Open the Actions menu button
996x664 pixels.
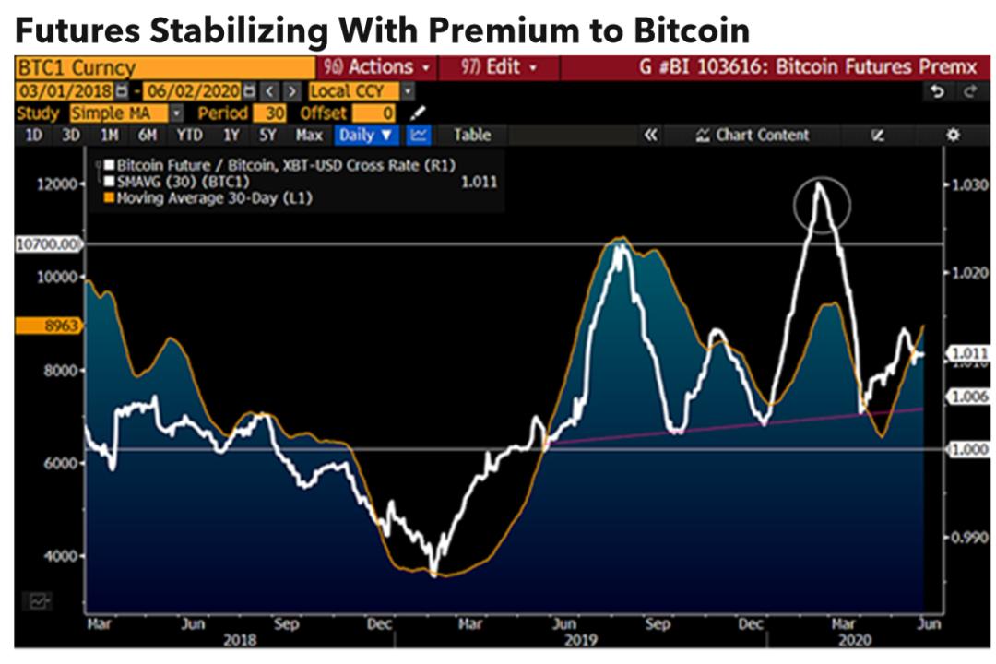point(376,67)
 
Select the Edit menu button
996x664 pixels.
point(499,67)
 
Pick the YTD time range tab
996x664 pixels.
point(189,135)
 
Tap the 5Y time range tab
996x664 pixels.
point(267,135)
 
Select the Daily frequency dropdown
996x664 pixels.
point(365,135)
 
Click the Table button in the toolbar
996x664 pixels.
point(471,135)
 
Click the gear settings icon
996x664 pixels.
point(953,135)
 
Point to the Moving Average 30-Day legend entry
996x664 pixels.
point(212,198)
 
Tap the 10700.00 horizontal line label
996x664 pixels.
point(48,244)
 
